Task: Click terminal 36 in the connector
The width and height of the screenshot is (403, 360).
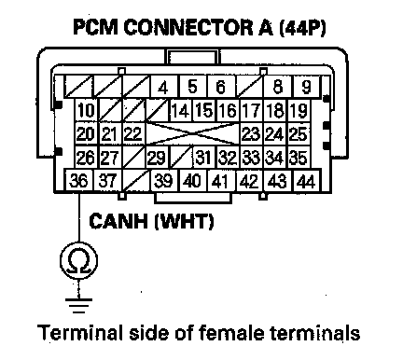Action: click(78, 180)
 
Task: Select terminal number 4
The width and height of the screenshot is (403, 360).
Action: click(164, 87)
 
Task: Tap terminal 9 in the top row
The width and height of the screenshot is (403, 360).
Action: click(306, 87)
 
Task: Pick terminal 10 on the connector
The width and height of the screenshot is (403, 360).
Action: click(86, 110)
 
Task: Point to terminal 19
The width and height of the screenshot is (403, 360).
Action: click(299, 110)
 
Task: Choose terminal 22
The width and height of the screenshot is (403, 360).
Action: click(133, 133)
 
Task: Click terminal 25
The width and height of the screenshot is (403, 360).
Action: click(299, 133)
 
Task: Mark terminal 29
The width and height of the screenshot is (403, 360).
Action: click(157, 157)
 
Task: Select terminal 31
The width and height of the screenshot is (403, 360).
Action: click(204, 157)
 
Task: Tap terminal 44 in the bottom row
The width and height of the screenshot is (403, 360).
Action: click(307, 180)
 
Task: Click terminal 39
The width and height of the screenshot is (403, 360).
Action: click(164, 180)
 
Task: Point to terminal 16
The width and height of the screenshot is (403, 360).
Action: click(228, 110)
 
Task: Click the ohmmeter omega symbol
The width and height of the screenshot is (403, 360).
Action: click(78, 260)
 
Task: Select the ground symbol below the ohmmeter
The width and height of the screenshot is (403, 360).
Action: click(78, 306)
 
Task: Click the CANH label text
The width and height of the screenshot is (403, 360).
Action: click(118, 221)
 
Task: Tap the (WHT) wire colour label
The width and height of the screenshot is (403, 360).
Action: click(185, 221)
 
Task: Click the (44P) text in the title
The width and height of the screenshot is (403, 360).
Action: click(302, 27)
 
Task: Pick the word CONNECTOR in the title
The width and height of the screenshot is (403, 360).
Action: click(188, 27)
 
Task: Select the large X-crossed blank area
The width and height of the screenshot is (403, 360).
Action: click(193, 133)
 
